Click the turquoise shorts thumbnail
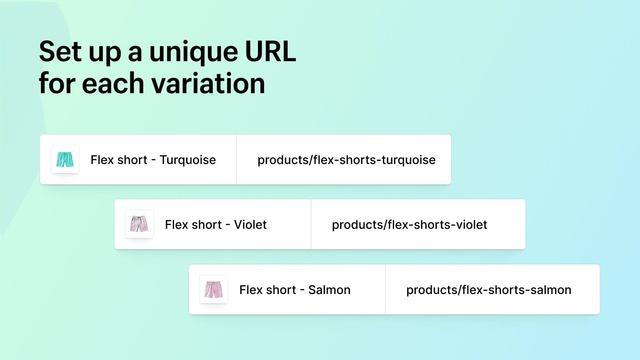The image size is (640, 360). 65,160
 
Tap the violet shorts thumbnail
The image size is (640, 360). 139,224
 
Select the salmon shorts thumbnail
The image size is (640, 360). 214,290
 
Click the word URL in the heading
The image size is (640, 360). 270,52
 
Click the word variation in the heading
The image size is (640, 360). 208,83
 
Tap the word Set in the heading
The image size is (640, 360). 60,52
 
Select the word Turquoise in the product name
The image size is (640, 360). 188,160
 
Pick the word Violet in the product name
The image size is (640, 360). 250,224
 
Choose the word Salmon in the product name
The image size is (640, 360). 329,290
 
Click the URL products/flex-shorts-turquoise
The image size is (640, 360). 346,160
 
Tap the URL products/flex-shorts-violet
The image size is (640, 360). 410,225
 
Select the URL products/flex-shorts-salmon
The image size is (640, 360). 489,290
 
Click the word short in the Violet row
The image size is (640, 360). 207,224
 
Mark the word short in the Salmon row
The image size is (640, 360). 281,290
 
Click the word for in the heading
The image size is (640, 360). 57,83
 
